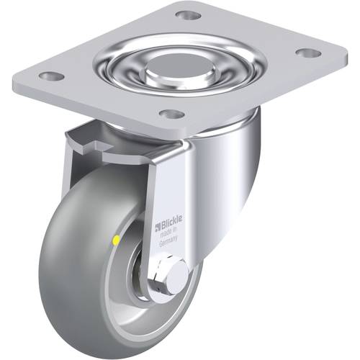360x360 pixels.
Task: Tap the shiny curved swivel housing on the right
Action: (x=230, y=180)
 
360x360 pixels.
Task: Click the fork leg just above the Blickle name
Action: (x=167, y=194)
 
